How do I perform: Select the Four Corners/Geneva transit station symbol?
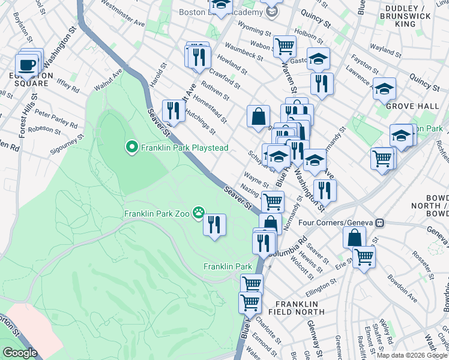379,223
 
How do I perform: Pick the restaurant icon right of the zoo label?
214,224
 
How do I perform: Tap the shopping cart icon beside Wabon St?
285,45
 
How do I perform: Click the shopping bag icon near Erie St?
354,236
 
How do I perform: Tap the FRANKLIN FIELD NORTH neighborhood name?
300,307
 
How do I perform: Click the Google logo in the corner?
20,353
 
